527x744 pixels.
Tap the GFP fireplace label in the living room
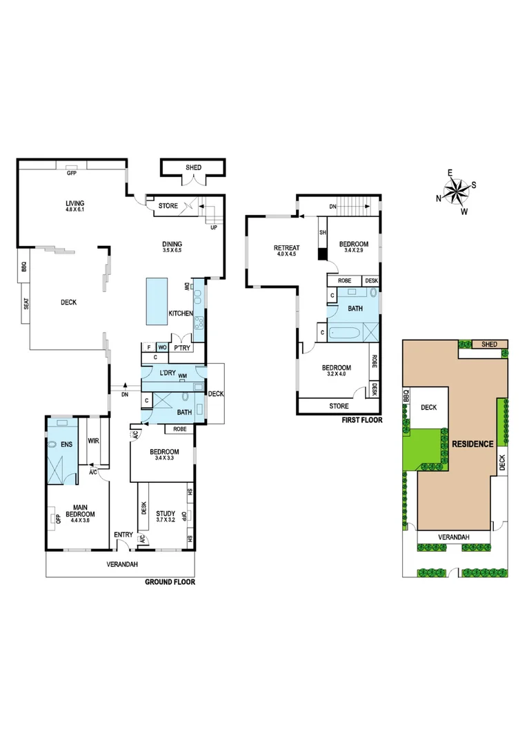tap(71, 174)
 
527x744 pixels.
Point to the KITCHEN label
tap(180, 314)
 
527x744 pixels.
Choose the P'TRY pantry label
tap(182, 349)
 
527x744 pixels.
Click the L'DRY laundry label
tap(168, 373)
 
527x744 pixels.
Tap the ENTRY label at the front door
tap(124, 535)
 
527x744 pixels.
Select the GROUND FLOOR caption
tap(170, 582)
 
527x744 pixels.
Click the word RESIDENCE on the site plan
tap(473, 444)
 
